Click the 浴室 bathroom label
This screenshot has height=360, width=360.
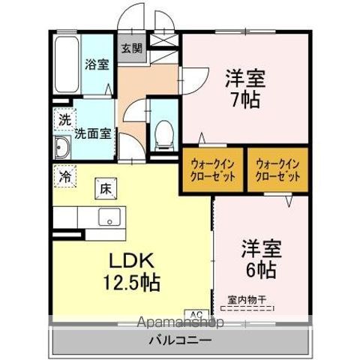point(97,64)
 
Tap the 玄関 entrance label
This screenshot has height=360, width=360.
point(132,49)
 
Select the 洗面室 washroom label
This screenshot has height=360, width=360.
point(93,134)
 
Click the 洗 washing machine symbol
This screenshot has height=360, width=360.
point(64,118)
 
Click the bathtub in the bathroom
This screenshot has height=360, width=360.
point(64,66)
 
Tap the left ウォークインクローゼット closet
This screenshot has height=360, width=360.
point(213,169)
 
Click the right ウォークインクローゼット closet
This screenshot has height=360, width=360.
point(277,169)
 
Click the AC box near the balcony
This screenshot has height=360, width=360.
point(196,314)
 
